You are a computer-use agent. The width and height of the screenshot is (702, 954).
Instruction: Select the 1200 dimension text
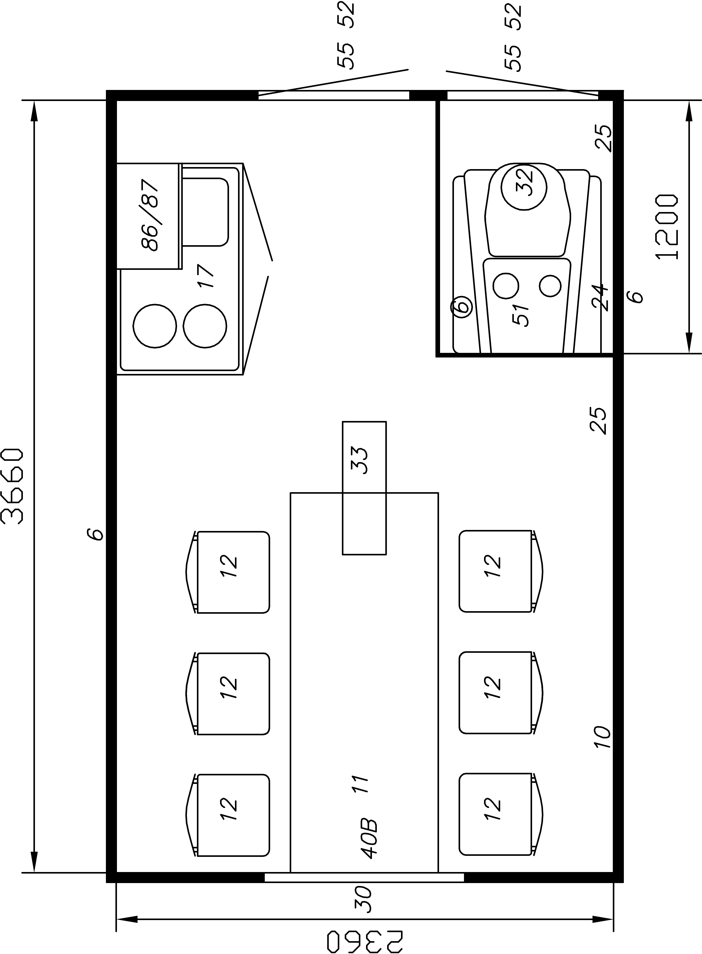[667, 227]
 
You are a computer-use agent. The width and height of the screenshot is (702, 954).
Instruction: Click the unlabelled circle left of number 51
[506, 286]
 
